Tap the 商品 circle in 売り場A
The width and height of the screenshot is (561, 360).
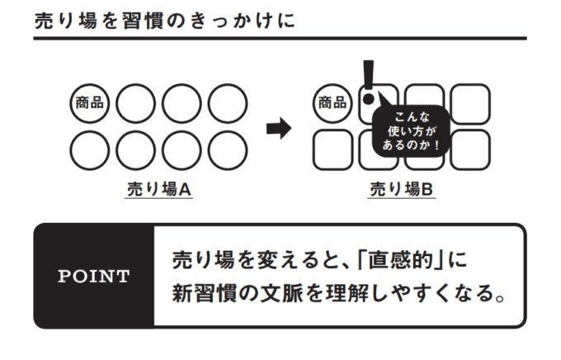click(89, 103)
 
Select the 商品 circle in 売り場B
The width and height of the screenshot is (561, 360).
click(332, 103)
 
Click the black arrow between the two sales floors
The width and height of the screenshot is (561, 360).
click(280, 128)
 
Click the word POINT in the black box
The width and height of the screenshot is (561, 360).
click(94, 277)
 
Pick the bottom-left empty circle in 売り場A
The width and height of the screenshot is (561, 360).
click(89, 149)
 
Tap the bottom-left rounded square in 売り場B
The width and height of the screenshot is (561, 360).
click(332, 149)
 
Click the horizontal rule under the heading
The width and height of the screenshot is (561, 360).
click(280, 38)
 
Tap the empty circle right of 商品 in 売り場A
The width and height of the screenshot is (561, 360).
click(135, 103)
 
